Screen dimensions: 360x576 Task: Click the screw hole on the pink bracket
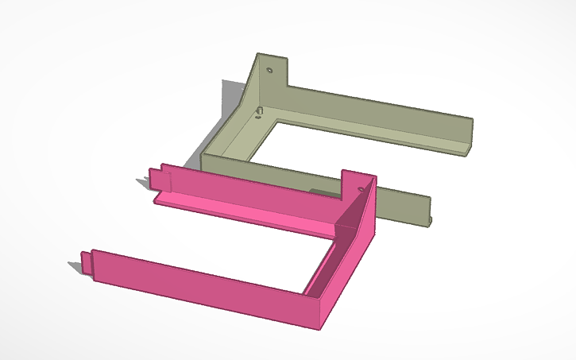361,188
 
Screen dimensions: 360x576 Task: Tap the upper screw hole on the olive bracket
269,70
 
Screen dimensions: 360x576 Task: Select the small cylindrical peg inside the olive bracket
260,110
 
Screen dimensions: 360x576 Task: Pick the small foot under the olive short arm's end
431,220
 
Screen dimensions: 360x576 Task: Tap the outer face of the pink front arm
199,282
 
